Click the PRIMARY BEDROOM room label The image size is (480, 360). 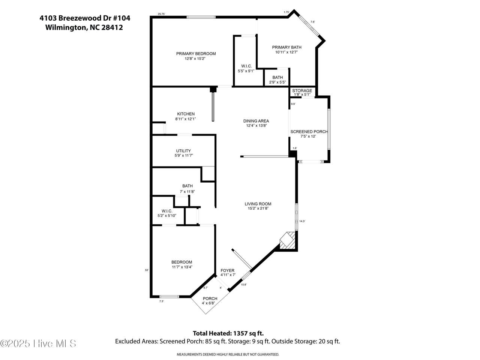pos(196,54)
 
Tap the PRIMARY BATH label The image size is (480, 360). pos(287,47)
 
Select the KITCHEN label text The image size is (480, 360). pos(186,114)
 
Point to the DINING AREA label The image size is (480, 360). pos(256,121)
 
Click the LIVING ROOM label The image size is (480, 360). pos(258,204)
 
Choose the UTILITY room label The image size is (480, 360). pos(183,151)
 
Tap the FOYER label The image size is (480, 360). pos(227,270)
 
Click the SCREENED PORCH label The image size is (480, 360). pos(309,132)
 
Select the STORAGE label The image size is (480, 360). pos(302,90)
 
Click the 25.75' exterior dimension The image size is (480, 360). pos(161,14)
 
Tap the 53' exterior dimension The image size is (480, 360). pos(147,270)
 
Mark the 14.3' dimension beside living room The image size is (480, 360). pos(302,221)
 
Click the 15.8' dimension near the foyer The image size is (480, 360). pos(244,285)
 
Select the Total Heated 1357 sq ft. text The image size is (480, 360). pos(228,333)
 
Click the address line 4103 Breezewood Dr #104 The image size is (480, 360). pos(85,18)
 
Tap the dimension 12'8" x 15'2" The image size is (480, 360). pos(195,58)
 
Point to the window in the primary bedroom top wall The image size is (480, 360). pos(201,17)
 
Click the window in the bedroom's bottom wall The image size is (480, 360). pos(169,297)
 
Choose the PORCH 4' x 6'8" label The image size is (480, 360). pos(210,301)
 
